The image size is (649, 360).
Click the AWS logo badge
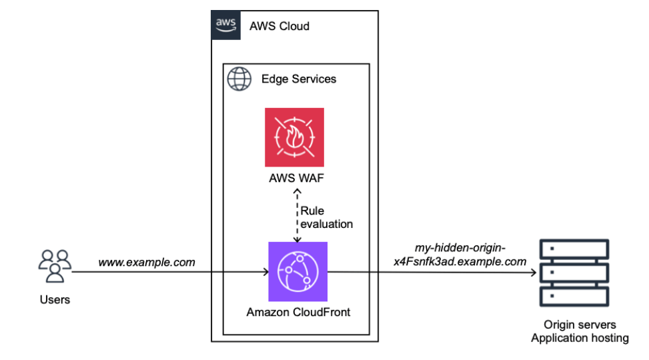pos(226,25)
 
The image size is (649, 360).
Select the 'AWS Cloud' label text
pos(279,27)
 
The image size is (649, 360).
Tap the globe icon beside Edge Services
pos(239,79)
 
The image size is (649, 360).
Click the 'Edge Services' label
pos(298,79)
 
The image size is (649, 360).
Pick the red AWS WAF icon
pos(294,137)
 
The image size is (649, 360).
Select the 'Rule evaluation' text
pos(326,217)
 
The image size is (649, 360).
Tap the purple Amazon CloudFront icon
pos(297,271)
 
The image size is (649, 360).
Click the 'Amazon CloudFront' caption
pos(297,312)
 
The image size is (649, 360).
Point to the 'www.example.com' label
pos(147,262)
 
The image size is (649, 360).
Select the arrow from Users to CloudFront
pos(167,272)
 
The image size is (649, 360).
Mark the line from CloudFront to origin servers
pos(434,272)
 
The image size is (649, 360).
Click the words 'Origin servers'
pos(579,325)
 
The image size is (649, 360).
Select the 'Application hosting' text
pos(579,338)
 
